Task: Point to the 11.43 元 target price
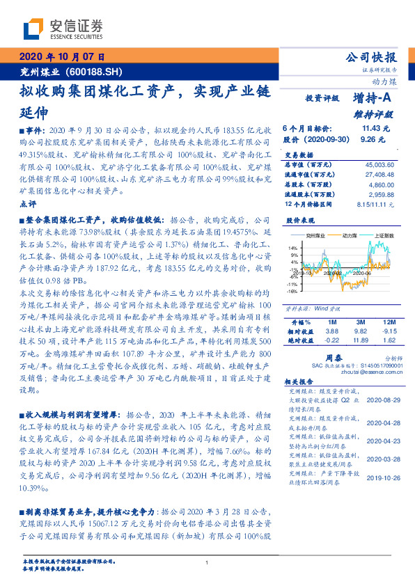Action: pos(376,129)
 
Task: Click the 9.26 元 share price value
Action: pos(376,139)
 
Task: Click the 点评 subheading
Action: pos(29,204)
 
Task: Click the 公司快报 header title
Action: pos(371,58)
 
